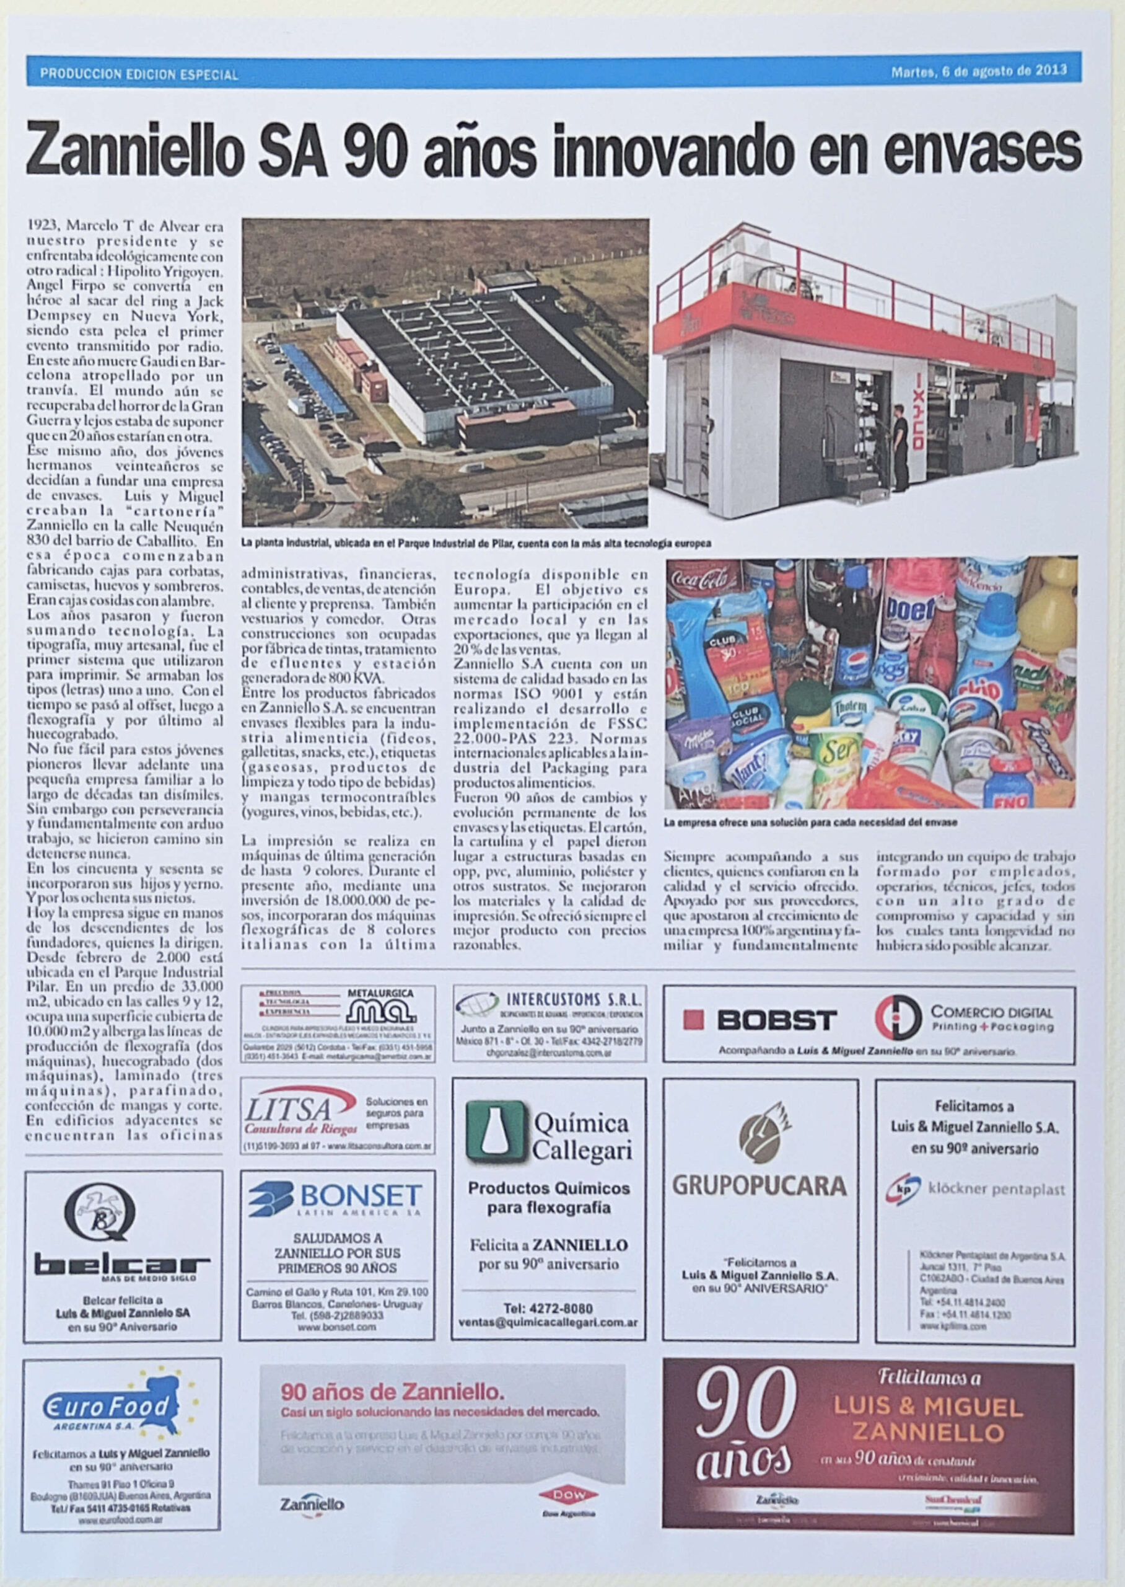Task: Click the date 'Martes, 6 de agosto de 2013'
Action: pos(978,71)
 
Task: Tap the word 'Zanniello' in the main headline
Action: pos(136,149)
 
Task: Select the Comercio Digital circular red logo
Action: pos(898,1018)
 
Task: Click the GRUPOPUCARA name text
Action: pos(759,1185)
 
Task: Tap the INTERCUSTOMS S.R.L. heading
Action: pos(574,999)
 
